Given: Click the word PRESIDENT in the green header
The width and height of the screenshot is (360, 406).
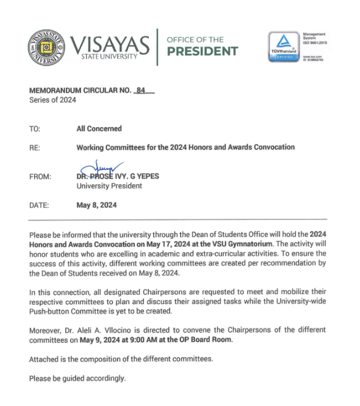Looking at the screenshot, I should [202, 51].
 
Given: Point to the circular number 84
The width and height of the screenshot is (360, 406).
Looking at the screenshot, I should [141, 90].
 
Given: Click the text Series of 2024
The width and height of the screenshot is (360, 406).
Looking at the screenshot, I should [53, 100].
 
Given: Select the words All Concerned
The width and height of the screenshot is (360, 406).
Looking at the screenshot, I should [99, 129].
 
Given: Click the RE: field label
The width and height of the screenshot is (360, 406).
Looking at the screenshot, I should [34, 148].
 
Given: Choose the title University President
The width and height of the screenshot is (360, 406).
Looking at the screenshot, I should [109, 186].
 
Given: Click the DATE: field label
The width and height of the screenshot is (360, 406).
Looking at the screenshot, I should [39, 205].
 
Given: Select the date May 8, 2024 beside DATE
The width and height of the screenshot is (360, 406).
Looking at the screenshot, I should [97, 205].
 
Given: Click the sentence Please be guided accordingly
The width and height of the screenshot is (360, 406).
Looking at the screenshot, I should [77, 378].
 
